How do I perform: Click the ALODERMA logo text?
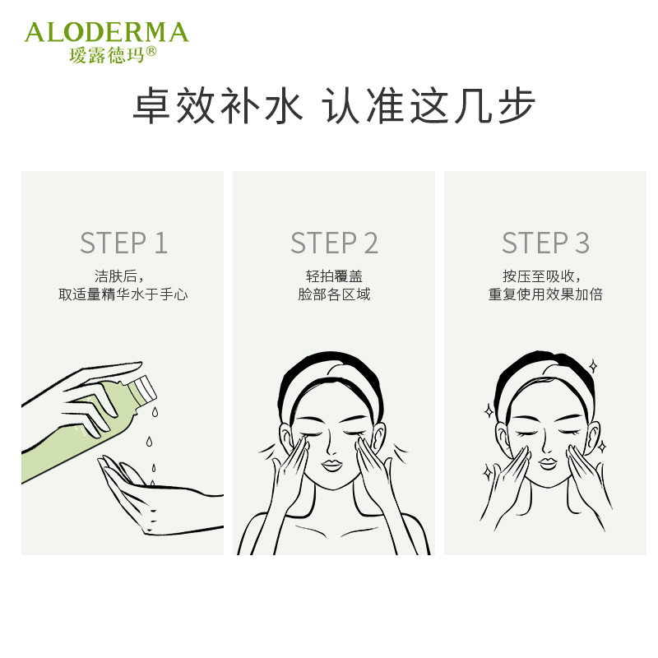coord(107,32)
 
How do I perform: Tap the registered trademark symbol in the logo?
coord(151,51)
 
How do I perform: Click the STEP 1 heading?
coord(124,243)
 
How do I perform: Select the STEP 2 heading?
coord(335,243)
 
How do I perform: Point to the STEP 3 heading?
coord(545,243)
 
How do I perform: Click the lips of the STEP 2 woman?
coord(331,465)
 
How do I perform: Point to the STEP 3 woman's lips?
coord(548,463)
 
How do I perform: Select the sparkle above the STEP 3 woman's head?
coord(593,366)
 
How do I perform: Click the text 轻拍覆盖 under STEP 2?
coord(334,276)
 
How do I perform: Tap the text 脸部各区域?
coord(334,294)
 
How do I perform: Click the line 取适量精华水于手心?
coord(123,294)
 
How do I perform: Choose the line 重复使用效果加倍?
coord(545,294)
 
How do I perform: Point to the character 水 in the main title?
coord(284,105)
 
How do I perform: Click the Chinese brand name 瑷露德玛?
coord(107,54)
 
